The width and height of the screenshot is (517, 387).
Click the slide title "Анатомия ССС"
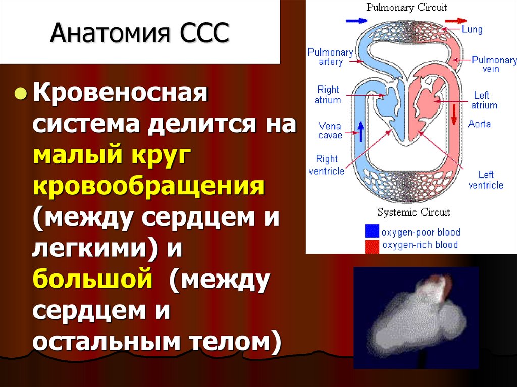pyautogui.click(x=139, y=34)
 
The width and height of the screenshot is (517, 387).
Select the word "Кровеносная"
pyautogui.click(x=121, y=94)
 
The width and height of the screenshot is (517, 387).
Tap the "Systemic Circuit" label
pyautogui.click(x=413, y=212)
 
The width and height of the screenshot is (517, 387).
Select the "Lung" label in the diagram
pyautogui.click(x=472, y=29)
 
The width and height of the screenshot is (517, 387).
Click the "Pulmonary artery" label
pyautogui.click(x=330, y=57)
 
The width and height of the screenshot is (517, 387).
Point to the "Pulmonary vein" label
pyautogui.click(x=493, y=64)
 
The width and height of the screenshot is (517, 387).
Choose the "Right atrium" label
pyautogui.click(x=328, y=95)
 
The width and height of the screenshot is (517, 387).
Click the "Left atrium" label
pyautogui.click(x=484, y=100)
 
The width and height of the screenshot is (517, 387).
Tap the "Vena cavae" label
pyautogui.click(x=330, y=131)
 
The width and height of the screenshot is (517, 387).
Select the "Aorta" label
pyautogui.click(x=479, y=124)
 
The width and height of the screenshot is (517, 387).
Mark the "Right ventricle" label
pyautogui.click(x=327, y=165)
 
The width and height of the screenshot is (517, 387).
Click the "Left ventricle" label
pyautogui.click(x=486, y=180)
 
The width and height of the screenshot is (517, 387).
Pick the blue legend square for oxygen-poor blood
pyautogui.click(x=372, y=232)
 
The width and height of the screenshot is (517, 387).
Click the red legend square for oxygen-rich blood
pyautogui.click(x=372, y=246)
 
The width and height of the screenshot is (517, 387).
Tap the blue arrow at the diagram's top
pyautogui.click(x=357, y=21)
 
